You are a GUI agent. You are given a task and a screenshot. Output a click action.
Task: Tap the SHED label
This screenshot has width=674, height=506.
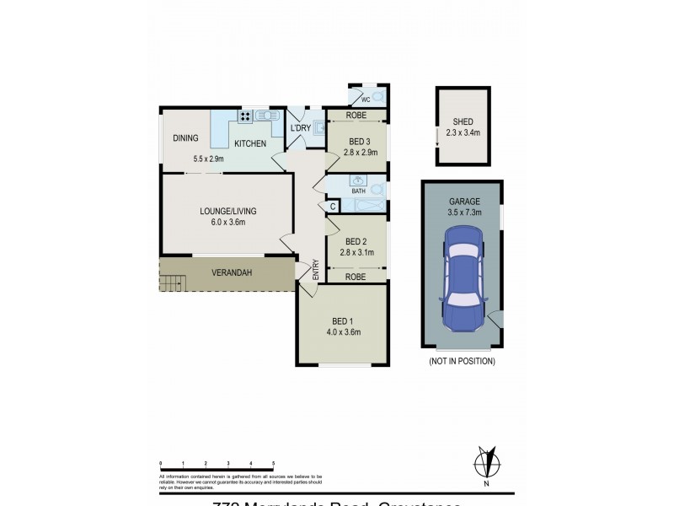pyautogui.click(x=463, y=121)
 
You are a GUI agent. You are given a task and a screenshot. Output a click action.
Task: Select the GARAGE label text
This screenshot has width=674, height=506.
pyautogui.click(x=463, y=202)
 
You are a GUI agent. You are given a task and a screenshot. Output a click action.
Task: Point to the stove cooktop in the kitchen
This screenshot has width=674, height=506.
pyautogui.click(x=246, y=116)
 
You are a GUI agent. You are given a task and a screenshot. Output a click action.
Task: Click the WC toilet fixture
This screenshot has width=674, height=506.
pyautogui.click(x=377, y=97)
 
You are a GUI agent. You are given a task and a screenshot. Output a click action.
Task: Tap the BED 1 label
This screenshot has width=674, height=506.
pyautogui.click(x=341, y=320)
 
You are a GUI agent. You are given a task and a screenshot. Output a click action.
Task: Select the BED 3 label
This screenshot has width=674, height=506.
pyautogui.click(x=359, y=141)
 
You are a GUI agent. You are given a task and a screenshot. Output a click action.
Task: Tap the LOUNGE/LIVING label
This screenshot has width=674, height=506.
pyautogui.click(x=227, y=211)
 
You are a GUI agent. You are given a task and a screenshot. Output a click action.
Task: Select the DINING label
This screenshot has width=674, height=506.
pyautogui.click(x=185, y=138)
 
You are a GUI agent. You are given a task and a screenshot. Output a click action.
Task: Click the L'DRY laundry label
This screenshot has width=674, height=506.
pyautogui.click(x=300, y=128)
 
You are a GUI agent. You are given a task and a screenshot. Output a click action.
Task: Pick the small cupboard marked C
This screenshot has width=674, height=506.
pyautogui.click(x=333, y=207)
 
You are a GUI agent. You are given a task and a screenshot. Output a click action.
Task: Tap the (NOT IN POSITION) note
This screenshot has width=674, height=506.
pyautogui.click(x=462, y=361)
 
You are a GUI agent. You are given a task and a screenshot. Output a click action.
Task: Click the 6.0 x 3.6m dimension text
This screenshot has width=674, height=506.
pyautogui.click(x=227, y=223)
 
